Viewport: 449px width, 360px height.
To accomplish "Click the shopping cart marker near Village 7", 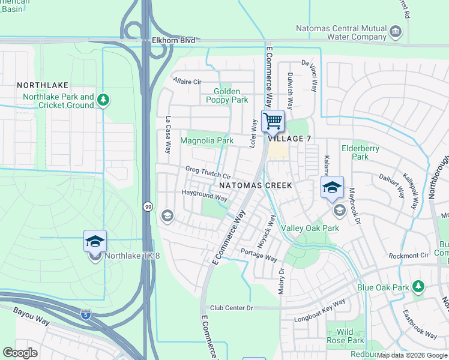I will (x=273, y=121).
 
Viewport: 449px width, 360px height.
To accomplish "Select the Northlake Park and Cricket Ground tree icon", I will (x=103, y=100).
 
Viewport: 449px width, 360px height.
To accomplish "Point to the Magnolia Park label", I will (x=206, y=140).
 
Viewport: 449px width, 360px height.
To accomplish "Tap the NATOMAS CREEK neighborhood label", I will (x=259, y=185).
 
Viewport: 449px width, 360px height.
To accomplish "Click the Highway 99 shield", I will (x=148, y=206).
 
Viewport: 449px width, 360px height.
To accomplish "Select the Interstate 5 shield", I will (x=86, y=314).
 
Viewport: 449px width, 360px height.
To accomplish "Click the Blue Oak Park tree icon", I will (x=418, y=287).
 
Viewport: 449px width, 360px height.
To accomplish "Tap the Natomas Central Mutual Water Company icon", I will (x=395, y=31).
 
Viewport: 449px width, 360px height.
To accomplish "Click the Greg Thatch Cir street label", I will (x=208, y=173).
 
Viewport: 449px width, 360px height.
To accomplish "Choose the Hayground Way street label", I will (x=205, y=195).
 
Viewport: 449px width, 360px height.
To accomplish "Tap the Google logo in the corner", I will (x=20, y=353).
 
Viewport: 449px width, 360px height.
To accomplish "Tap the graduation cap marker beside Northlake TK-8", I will (x=95, y=241).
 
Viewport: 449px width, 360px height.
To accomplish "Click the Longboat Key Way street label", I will (x=319, y=311).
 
